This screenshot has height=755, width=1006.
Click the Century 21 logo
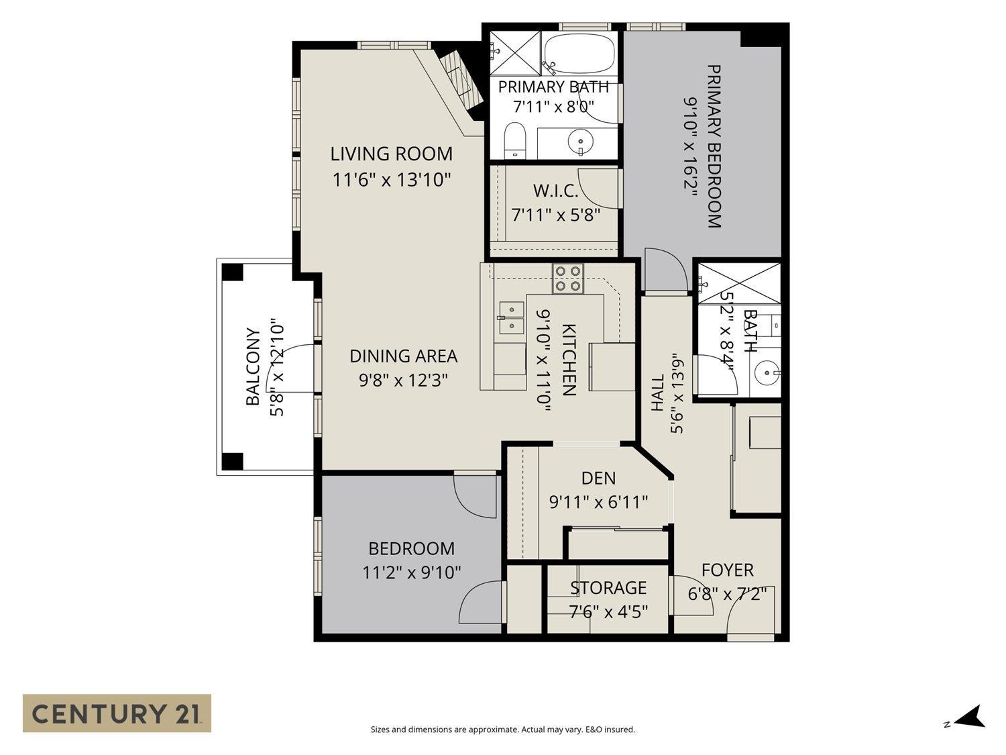pos(117,713)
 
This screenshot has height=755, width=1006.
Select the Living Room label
pos(392,154)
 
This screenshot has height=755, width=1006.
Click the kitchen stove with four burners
pos(568,279)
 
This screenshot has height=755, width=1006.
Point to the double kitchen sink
pos(511,318)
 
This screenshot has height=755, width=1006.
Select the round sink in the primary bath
pos(579,141)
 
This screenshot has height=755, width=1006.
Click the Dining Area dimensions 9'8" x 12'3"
pos(403,380)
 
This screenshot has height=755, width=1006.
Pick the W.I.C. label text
pos(555,191)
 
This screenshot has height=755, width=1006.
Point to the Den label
pos(598,479)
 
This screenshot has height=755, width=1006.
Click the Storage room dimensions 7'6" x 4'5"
pos(608,611)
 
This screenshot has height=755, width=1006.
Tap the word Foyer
pos(728,570)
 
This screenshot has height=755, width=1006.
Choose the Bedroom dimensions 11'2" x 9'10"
pos(412,572)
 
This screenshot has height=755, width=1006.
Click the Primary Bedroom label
pos(714,146)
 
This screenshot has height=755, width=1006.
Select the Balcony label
pos(253,366)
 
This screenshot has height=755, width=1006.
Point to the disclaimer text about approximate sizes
pos(503,729)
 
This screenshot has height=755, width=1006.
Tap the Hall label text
pos(657,393)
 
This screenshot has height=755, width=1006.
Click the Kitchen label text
pos(568,360)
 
